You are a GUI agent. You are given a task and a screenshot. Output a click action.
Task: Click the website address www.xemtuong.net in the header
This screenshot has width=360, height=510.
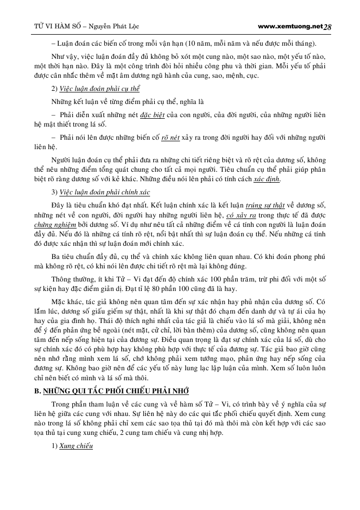click(x=291, y=26)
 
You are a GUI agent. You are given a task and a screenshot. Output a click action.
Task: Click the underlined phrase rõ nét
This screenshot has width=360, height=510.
click(x=170, y=138)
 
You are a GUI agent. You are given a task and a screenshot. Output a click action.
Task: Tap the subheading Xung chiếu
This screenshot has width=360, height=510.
click(x=76, y=446)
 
